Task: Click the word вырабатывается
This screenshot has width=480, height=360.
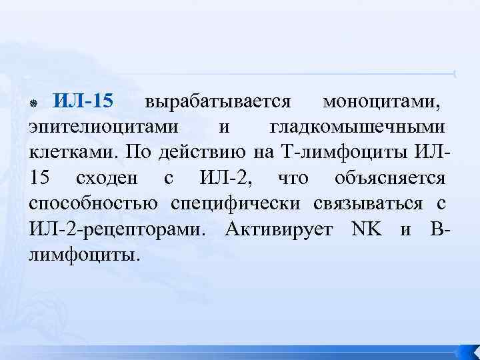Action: point(217,102)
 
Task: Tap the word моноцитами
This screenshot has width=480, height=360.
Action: point(381,102)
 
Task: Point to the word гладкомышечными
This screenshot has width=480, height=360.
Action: point(357,128)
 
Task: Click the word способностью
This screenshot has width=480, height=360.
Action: point(93,204)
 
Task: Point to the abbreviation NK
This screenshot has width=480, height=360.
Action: point(367,229)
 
